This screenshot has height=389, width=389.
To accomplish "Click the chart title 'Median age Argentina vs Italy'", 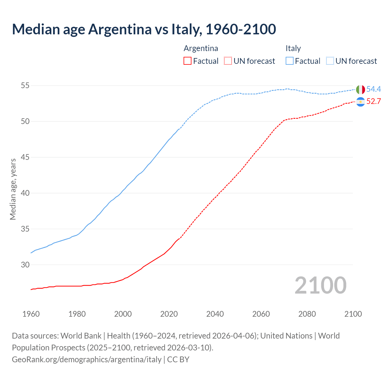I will coord(144,29).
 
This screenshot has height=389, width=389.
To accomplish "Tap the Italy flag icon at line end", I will coord(360,90).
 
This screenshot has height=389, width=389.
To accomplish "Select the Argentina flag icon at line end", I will coord(360,102).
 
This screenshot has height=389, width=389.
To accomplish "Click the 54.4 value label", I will coord(374,89).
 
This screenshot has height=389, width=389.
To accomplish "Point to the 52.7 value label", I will coord(374,102).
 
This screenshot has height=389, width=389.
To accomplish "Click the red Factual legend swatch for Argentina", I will coord(188,61).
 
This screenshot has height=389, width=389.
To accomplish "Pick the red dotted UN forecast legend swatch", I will coord(228,61).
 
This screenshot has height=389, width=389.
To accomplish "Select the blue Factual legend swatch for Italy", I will coord(290,61).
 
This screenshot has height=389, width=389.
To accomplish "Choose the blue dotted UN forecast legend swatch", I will coord(330,61).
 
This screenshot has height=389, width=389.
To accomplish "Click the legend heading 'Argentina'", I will coord(201,48).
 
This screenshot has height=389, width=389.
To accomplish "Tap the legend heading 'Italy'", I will coord(293,48).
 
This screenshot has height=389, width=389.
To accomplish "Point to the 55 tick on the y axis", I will coord(25,86).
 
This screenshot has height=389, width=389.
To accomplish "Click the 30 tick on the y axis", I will coord(25,265).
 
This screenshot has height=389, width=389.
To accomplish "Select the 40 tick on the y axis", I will coord(25,193).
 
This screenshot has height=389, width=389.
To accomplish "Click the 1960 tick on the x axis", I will coord(31,314).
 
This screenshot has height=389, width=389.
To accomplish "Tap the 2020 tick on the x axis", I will coord(169,314).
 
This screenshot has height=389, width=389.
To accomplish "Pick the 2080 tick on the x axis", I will coord(307,314).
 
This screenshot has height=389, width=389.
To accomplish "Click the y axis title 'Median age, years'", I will coord(13,189).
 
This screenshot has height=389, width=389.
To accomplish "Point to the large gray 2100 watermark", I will coord(320,285).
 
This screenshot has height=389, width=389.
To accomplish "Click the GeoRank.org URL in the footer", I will coord(87,360).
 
